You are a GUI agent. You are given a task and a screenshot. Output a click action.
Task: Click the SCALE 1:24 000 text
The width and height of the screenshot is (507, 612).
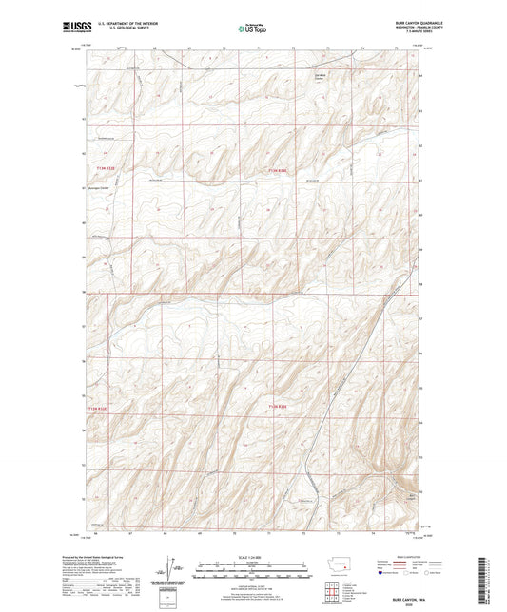click(x=253, y=556)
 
